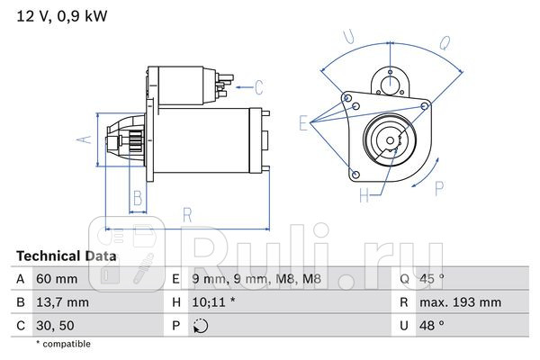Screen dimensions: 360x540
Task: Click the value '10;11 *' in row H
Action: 212,302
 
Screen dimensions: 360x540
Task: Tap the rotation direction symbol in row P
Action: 201,325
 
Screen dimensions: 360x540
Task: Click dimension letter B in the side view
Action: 138,198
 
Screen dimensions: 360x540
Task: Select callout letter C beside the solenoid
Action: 258,87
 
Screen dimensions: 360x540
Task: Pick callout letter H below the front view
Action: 365,193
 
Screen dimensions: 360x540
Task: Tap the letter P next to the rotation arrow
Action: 439,187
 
